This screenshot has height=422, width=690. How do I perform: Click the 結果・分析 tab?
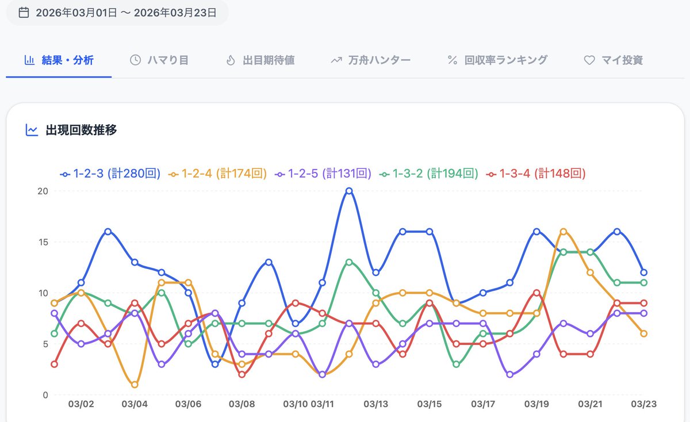coord(59,60)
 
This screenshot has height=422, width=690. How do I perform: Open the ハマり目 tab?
coord(159,60)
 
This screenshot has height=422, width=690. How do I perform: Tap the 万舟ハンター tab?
coord(371,60)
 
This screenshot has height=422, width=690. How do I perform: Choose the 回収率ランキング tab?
coord(497,60)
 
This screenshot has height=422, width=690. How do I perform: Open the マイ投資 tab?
coord(614,60)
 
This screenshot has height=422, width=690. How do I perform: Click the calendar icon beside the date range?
coord(24,12)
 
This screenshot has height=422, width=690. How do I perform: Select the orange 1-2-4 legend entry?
coord(218,173)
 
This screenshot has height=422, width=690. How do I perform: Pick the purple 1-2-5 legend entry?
coord(323,173)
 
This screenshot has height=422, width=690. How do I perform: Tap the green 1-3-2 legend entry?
coord(429,173)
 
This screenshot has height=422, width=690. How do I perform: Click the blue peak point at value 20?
coord(349,191)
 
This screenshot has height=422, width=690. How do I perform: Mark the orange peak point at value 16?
coord(563,232)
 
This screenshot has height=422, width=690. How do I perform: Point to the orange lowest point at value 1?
coord(135,385)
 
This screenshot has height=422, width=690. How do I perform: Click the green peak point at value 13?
coord(349,262)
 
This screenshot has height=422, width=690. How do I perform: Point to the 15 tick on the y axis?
coord(43,242)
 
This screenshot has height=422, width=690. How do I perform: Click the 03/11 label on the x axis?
coord(322,404)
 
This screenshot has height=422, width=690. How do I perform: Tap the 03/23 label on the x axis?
coord(643,404)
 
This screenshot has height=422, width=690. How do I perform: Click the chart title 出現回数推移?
coord(81,130)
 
